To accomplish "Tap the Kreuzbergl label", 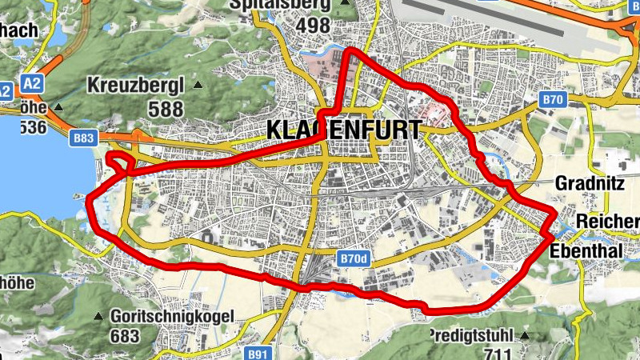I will (138, 85).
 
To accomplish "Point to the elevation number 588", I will (166, 110).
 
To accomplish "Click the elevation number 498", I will (314, 25).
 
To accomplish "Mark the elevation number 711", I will (498, 352).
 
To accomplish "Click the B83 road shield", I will (82, 138).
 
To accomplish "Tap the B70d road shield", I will (352, 260).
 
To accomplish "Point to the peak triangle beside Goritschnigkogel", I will (98, 315).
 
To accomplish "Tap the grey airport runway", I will (512, 20).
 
